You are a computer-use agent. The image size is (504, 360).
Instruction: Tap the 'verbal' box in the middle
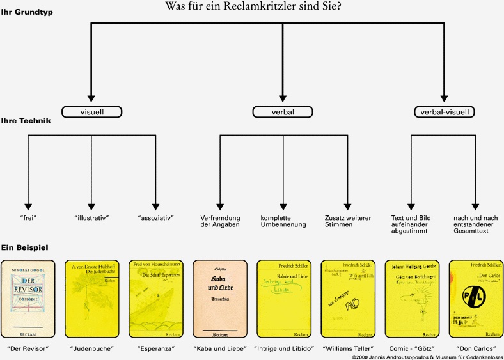click(x=283, y=112)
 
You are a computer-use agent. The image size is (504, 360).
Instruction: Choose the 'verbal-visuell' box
click(x=444, y=112)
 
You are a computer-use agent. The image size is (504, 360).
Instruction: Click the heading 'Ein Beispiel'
click(x=25, y=247)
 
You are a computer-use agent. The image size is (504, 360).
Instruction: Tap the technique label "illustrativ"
click(x=91, y=218)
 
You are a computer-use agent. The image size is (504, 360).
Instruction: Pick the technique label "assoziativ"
click(x=155, y=218)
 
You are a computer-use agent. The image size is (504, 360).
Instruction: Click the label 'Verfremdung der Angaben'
click(x=219, y=221)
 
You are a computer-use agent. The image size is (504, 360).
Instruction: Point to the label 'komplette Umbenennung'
click(x=283, y=221)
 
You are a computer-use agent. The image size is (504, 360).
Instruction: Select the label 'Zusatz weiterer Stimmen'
click(x=347, y=221)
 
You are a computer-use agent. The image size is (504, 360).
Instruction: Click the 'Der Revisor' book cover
click(x=27, y=298)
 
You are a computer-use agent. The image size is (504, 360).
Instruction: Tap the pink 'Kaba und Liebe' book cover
click(x=219, y=298)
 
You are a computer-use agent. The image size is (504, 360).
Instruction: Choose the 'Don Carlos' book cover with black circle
click(x=475, y=298)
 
